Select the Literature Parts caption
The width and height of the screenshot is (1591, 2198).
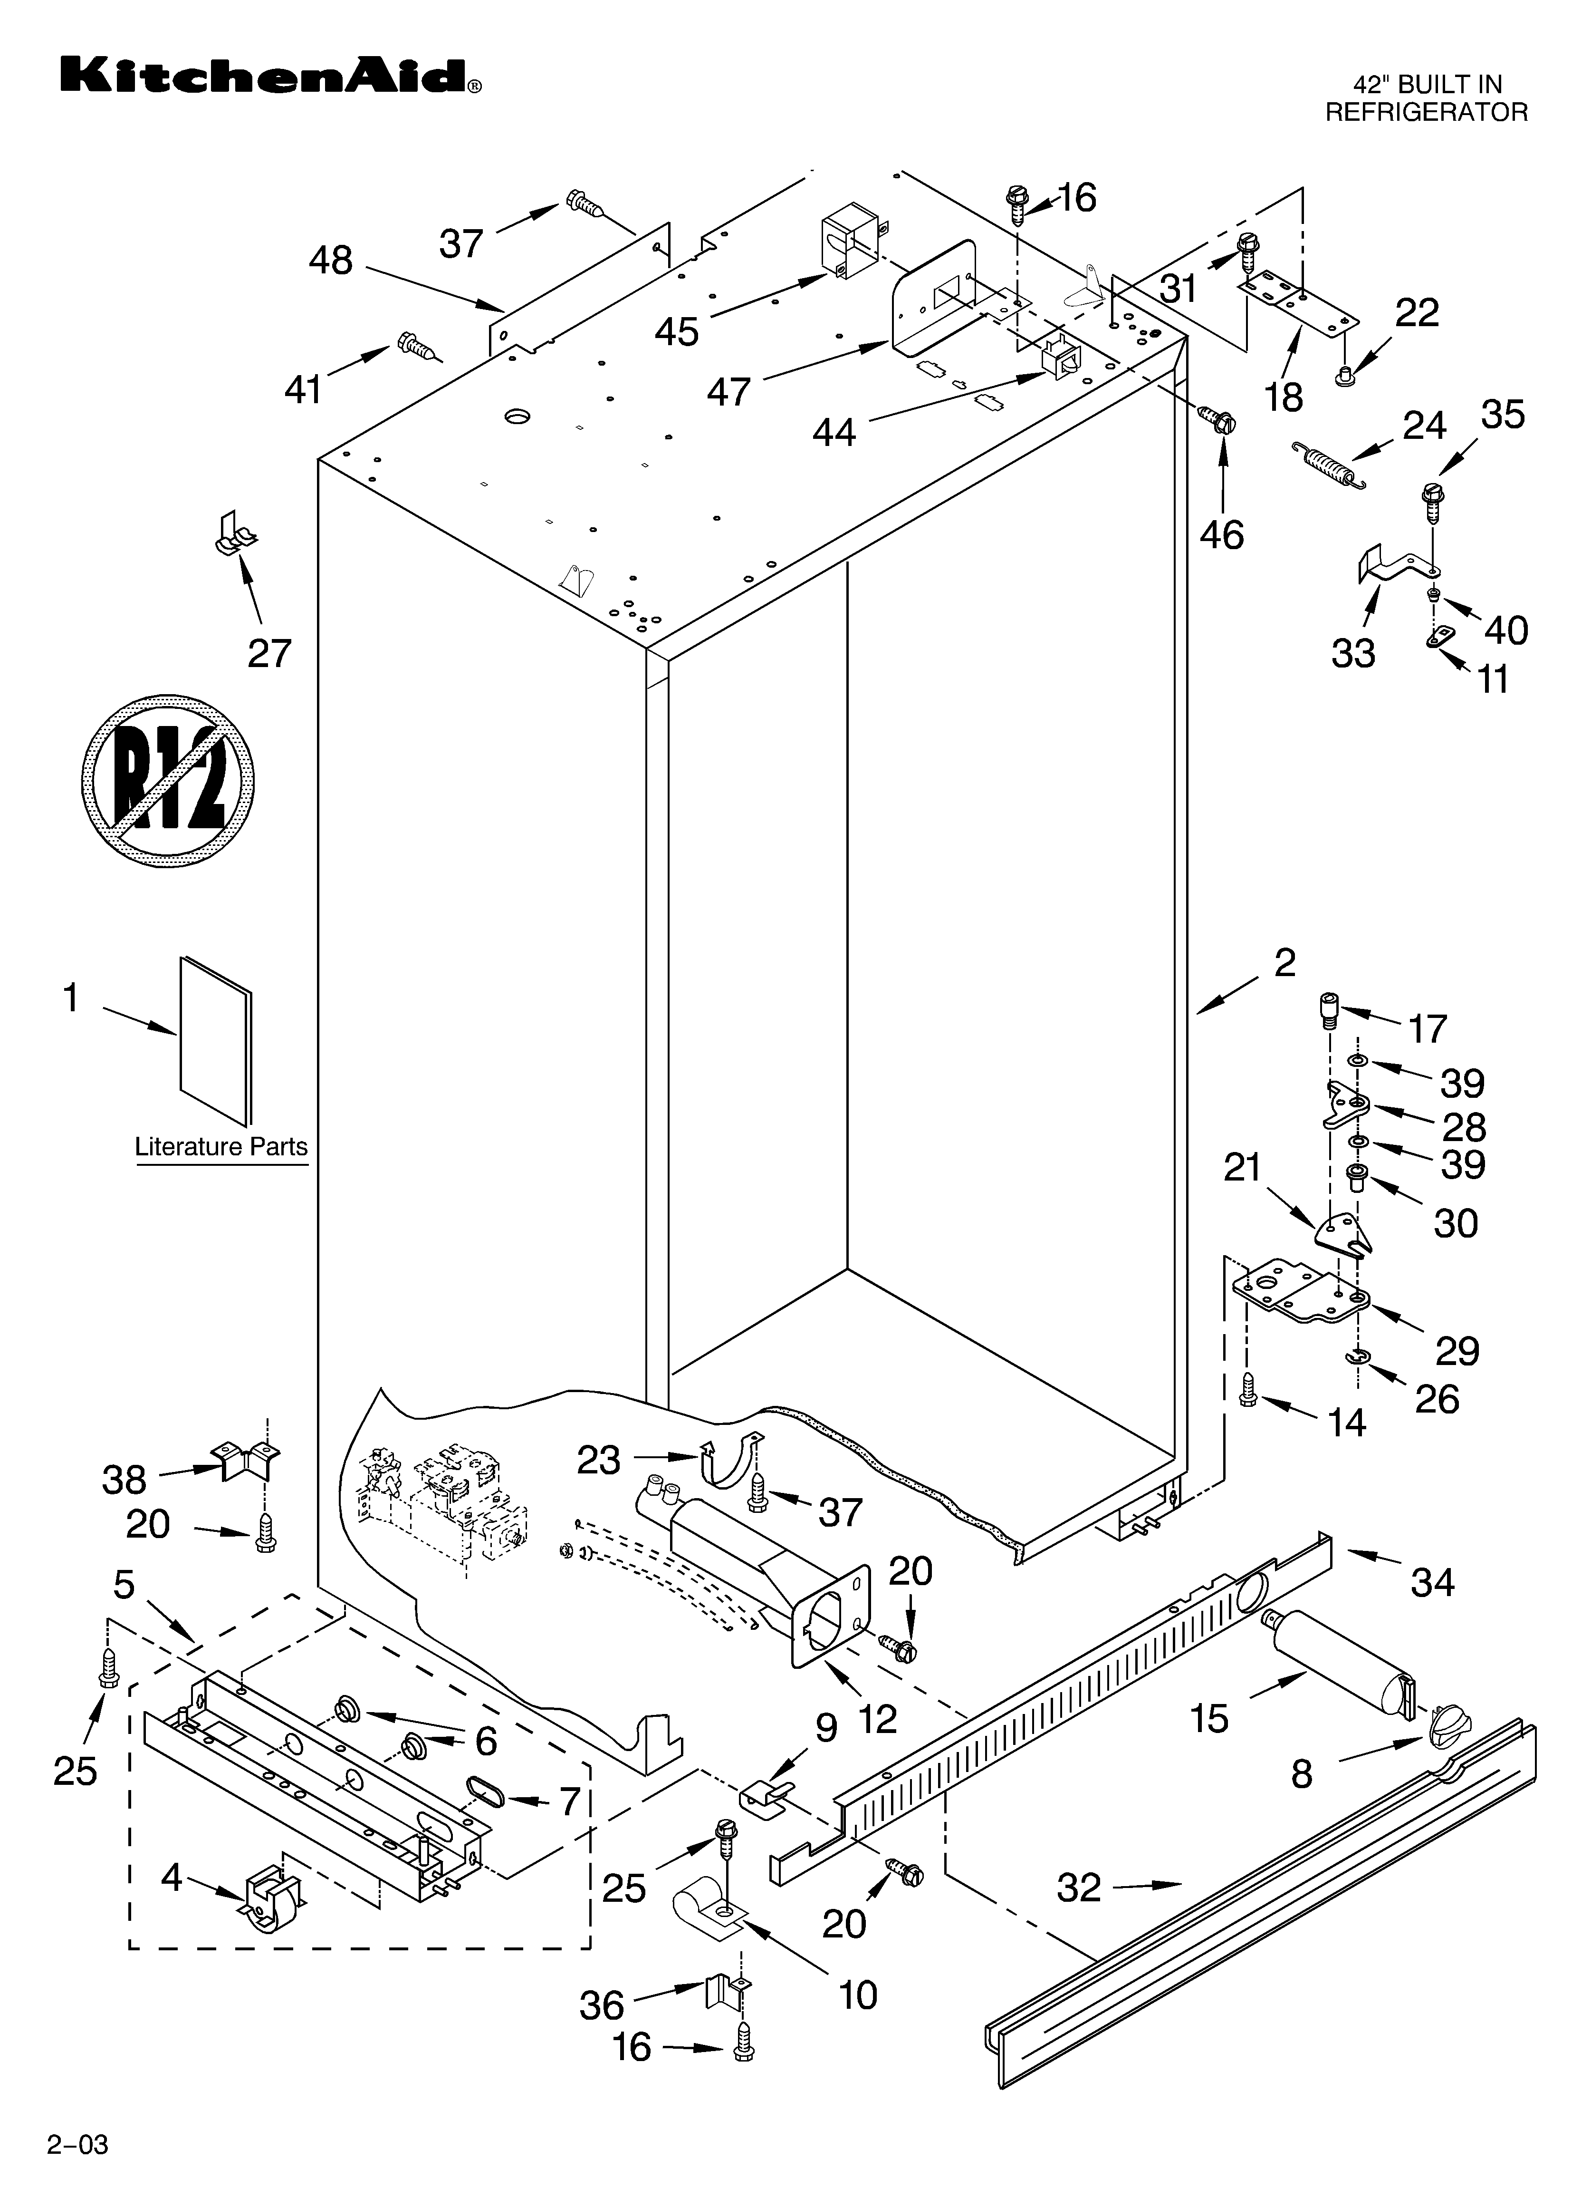tap(221, 1146)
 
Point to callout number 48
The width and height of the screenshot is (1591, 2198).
tap(330, 261)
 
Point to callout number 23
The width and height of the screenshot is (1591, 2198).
tap(598, 1460)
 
